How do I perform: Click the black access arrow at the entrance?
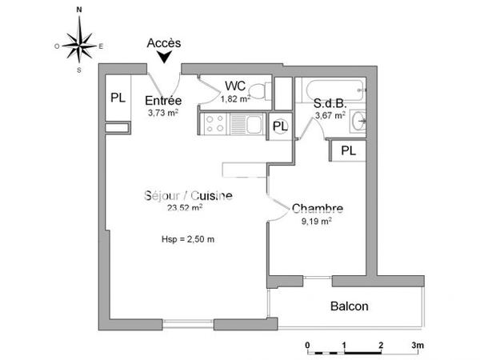pos(165,57)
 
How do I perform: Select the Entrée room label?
pos(163,101)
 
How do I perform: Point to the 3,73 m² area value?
pos(162,113)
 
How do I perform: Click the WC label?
pos(236,86)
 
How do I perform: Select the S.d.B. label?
pos(329,103)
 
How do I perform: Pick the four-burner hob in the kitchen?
pos(215,123)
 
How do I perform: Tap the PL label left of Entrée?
pos(118,98)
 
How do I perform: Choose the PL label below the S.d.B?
pos(349,150)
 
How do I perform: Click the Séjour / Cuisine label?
pos(188,195)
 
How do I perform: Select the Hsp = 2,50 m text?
pos(188,239)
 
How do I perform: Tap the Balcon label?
pos(350,306)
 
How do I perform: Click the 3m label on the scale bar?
pos(417,345)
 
